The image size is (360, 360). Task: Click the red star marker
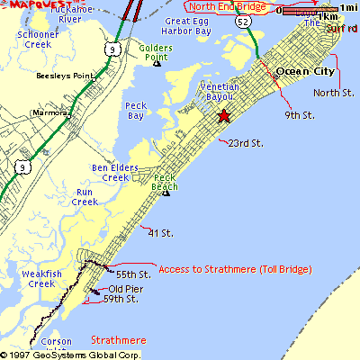pyautogui.click(x=223, y=115)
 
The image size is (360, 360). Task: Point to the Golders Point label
pyautogui.click(x=157, y=51)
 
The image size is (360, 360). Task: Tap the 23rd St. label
pyautogui.click(x=245, y=143)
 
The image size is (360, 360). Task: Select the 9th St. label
pyautogui.click(x=299, y=115)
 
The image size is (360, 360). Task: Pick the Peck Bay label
pyautogui.click(x=136, y=110)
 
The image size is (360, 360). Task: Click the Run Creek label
pyautogui.click(x=85, y=197)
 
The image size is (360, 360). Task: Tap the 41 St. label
pyautogui.click(x=160, y=233)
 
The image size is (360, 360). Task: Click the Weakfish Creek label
pyautogui.click(x=41, y=278)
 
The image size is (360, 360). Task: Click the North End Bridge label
pyautogui.click(x=229, y=6)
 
